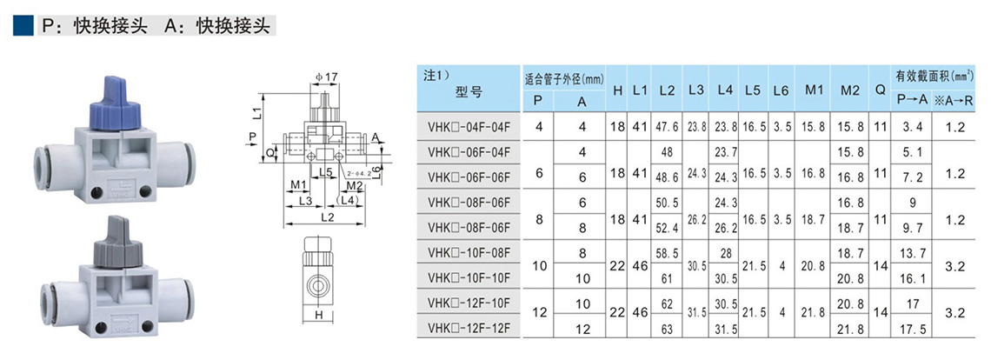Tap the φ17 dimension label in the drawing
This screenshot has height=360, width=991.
[326, 77]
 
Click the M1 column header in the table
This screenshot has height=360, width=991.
[814, 89]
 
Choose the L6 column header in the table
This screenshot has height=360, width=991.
[781, 89]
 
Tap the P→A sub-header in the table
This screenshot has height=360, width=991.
[912, 101]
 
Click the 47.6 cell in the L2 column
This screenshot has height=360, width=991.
[668, 126]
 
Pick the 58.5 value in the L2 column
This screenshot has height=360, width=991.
[668, 252]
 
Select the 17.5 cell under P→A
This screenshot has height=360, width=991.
[912, 329]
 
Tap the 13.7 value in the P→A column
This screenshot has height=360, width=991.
[912, 252]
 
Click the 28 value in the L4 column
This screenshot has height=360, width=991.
[726, 252]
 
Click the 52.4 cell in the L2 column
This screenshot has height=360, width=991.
[668, 228]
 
